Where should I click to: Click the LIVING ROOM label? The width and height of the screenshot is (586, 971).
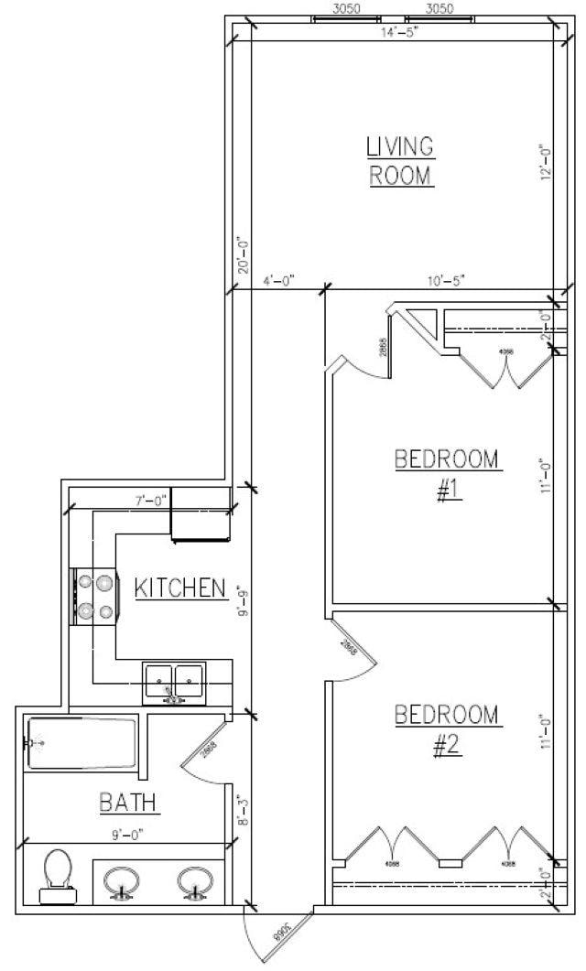tap(399, 160)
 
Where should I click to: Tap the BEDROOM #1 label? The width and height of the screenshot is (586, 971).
tap(448, 474)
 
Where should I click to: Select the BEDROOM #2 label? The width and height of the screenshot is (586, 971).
tap(448, 729)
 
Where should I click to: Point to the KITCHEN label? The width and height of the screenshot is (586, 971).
tap(180, 587)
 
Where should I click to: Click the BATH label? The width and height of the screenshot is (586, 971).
tap(129, 804)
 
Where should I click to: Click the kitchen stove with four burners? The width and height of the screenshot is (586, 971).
tap(94, 596)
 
